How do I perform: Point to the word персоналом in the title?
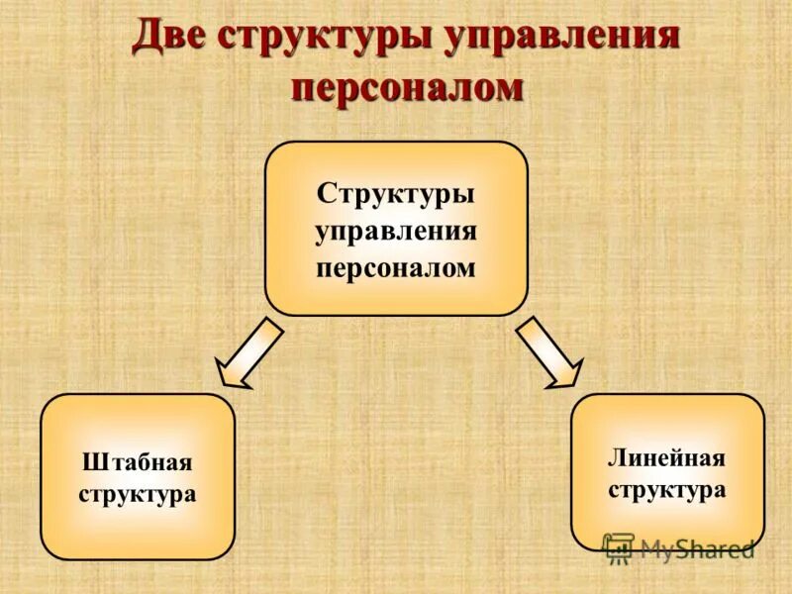[407, 87]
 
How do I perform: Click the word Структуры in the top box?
[396, 192]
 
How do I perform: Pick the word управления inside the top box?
[396, 230]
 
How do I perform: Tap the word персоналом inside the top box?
[396, 267]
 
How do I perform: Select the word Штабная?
[137, 462]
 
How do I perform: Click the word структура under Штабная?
[137, 493]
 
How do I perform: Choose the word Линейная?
[666, 458]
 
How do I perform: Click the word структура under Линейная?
[666, 489]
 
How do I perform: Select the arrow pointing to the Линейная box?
[548, 351]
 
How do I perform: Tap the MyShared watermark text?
[697, 547]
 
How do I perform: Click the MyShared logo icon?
[618, 547]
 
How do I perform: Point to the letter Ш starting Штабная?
[91, 462]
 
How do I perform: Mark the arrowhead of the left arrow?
[232, 374]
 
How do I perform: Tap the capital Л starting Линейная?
[614, 458]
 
